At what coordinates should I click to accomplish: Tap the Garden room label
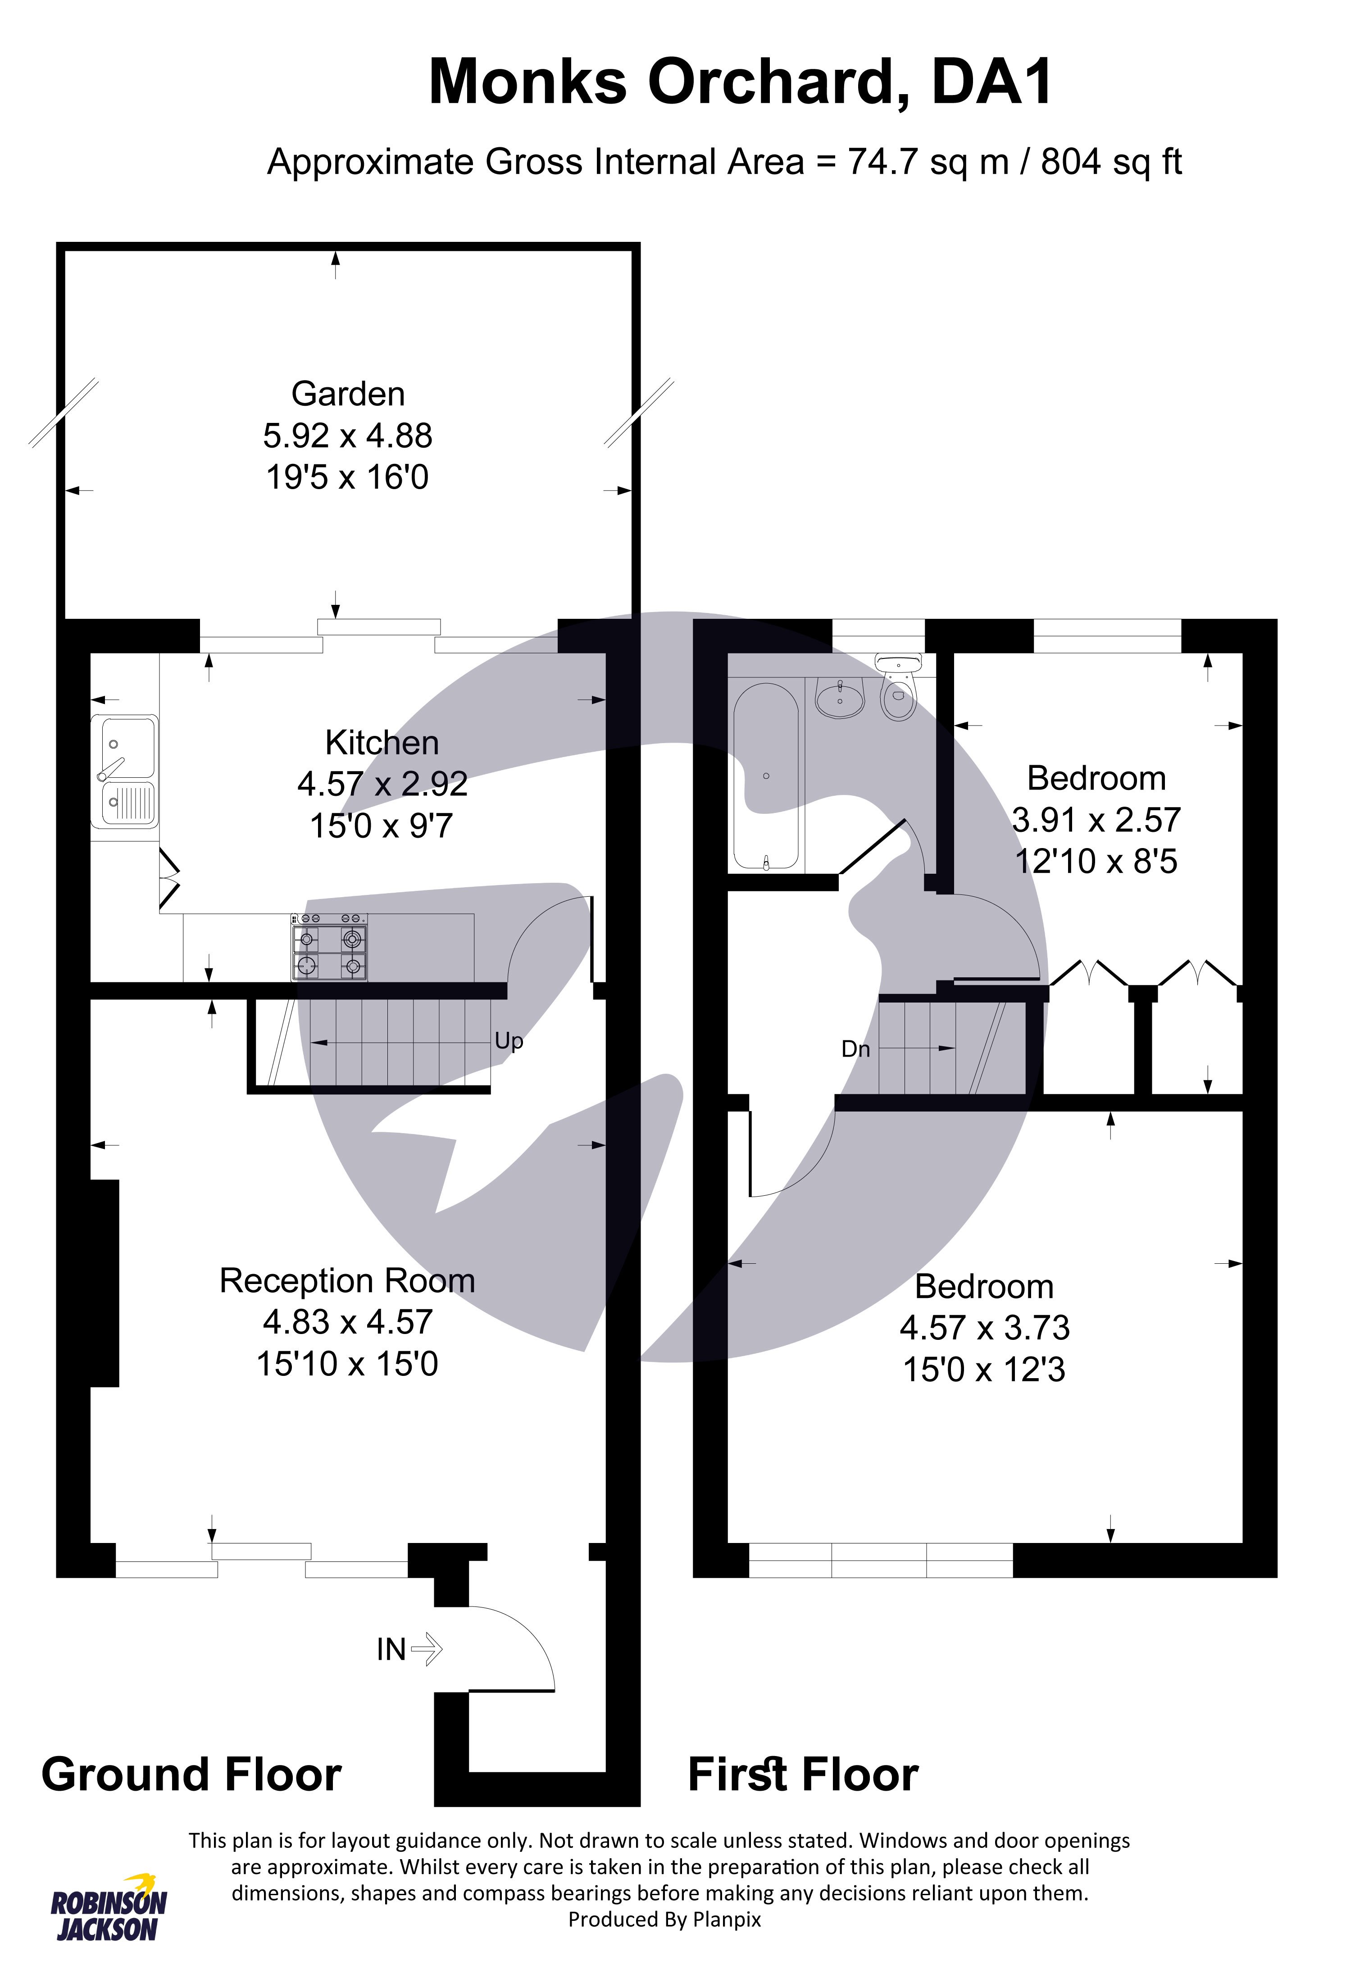[x=348, y=394]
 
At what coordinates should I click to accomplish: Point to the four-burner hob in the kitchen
[x=330, y=947]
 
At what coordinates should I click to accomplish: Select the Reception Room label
[x=347, y=1280]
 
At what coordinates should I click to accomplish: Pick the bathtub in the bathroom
[x=766, y=776]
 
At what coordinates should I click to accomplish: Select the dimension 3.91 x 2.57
[x=1096, y=820]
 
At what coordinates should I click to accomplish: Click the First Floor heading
[x=803, y=1774]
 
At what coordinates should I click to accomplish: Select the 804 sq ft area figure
[x=1111, y=161]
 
